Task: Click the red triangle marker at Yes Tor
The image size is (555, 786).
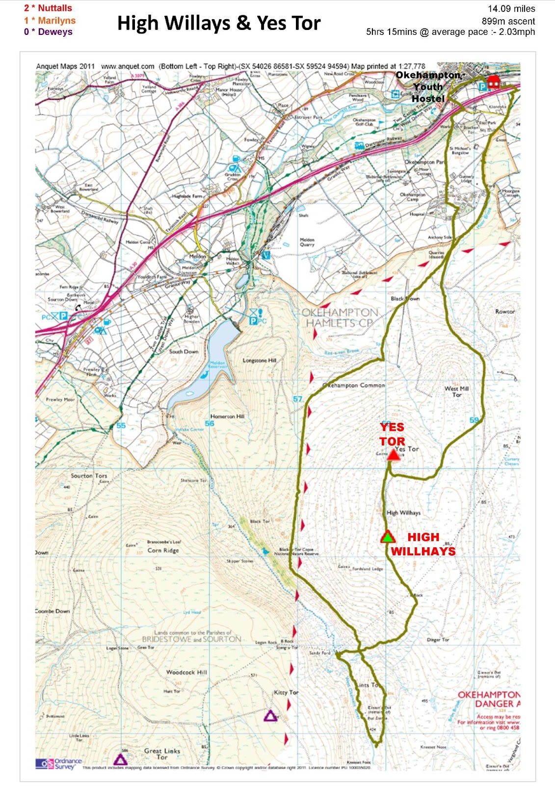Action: coord(394,455)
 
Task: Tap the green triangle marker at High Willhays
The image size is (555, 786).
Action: coord(388,537)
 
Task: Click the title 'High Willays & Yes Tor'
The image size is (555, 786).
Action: coord(219,23)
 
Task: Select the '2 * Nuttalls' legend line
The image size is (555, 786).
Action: coord(48,8)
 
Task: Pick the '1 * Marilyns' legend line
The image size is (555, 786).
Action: coord(50,20)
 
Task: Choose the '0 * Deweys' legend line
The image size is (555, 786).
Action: coord(48,32)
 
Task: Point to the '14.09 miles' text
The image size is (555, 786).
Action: coord(511,9)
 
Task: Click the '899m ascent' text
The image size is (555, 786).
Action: coord(508,21)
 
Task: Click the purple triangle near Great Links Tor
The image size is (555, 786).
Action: coord(120,759)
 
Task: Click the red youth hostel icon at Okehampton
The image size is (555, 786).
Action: coord(493,82)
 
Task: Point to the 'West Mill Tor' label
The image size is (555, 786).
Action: coord(456,392)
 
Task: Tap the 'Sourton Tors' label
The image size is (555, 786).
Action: coord(89,476)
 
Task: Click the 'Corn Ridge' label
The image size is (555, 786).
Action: coord(163,550)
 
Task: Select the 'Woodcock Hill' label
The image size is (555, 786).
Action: coord(186,672)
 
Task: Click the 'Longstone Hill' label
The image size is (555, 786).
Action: coord(259,360)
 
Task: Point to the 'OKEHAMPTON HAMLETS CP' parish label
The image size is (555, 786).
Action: coord(339,318)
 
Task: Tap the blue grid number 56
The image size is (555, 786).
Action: coord(210,423)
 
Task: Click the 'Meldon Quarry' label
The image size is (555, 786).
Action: coord(307,242)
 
